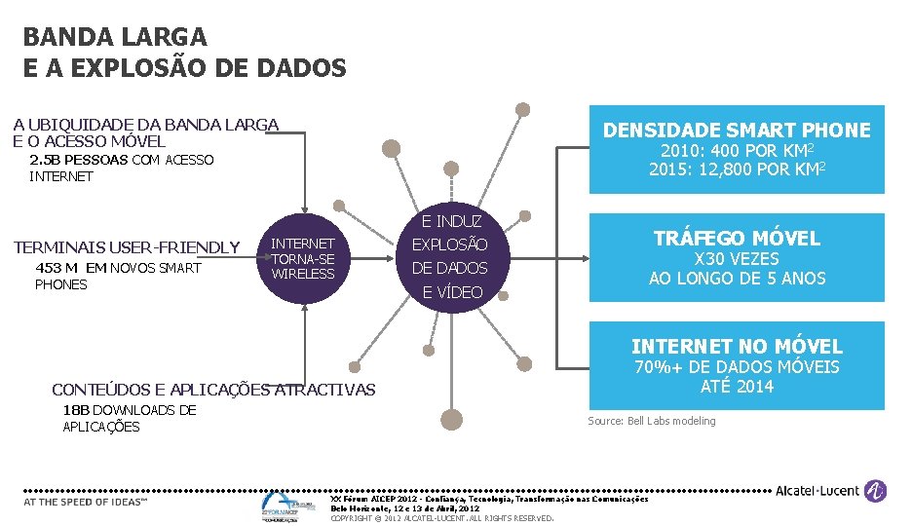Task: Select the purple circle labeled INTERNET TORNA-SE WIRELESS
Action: click(x=303, y=258)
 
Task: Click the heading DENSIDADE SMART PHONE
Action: click(x=738, y=131)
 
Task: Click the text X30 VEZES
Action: click(x=736, y=259)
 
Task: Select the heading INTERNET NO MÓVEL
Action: click(x=737, y=347)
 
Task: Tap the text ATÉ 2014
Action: click(x=737, y=387)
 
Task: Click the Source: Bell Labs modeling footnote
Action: click(x=651, y=421)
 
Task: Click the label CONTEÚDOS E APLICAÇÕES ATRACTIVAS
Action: click(x=213, y=390)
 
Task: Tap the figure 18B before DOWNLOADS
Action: click(x=75, y=410)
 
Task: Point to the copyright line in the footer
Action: click(x=442, y=518)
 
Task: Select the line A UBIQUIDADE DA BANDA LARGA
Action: click(x=146, y=125)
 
